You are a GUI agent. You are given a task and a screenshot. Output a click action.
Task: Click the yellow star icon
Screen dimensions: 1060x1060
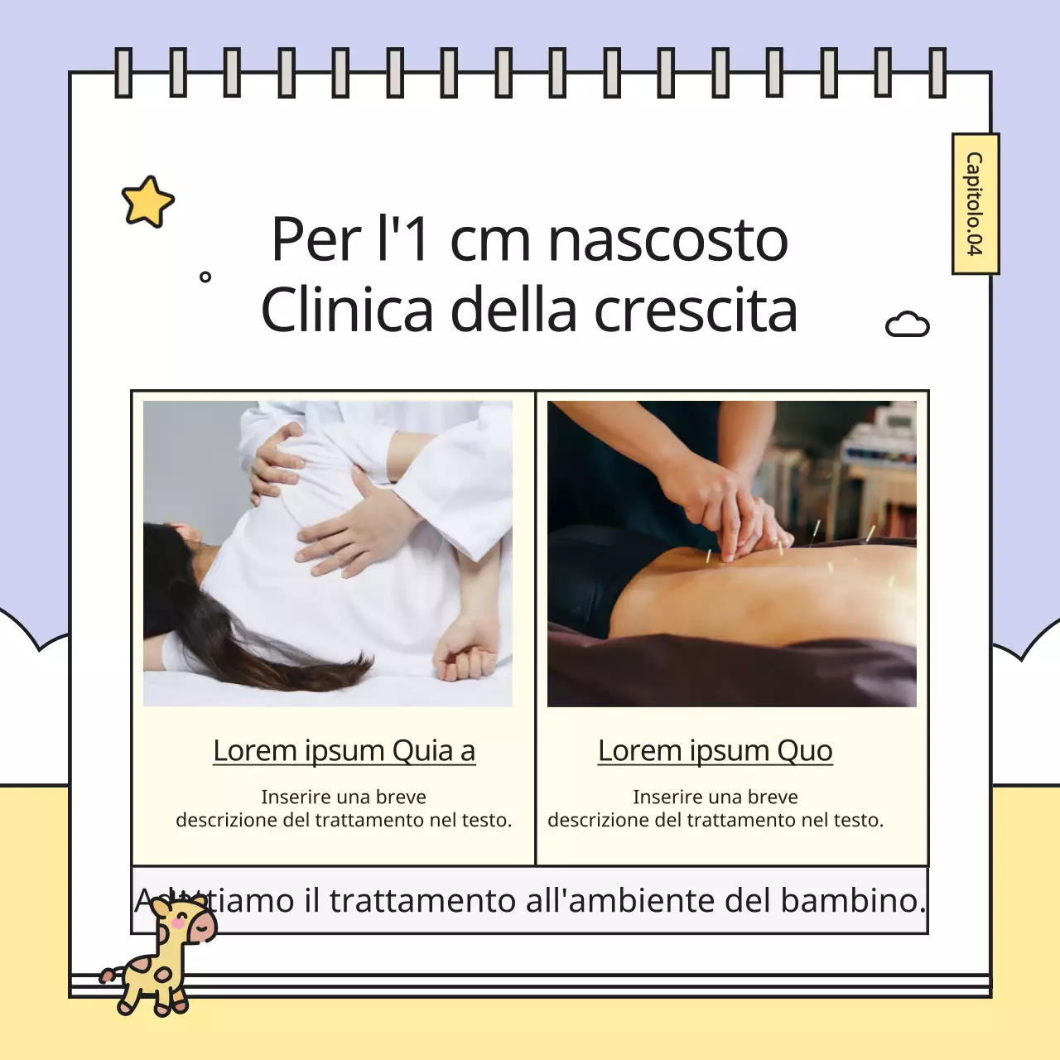point(147,201)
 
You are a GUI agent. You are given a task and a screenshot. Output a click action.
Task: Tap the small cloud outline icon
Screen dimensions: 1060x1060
point(908,325)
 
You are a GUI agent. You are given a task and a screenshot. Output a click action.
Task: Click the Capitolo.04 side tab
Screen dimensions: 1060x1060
point(975,204)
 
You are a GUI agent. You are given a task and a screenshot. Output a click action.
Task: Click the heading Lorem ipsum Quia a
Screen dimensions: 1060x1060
point(344,750)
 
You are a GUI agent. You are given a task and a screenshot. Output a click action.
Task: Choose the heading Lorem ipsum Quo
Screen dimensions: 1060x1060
point(715,750)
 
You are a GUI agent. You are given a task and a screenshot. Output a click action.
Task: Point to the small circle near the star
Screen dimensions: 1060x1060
point(205,277)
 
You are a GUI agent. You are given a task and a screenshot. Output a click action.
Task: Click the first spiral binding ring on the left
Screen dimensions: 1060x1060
point(123,73)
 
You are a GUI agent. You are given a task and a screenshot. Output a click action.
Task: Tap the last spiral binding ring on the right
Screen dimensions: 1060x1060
point(937,73)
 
